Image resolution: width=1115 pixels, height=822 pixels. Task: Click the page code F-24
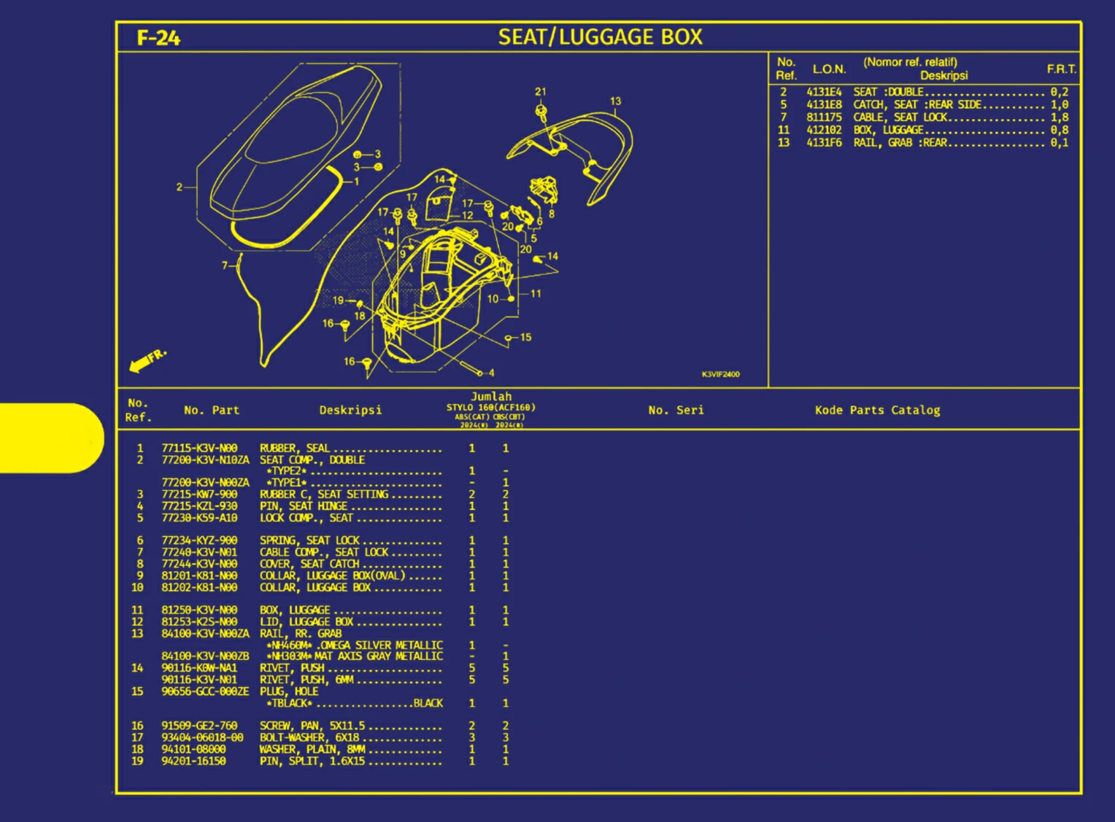pos(158,38)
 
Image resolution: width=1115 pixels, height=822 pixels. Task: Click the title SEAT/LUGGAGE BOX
pos(600,37)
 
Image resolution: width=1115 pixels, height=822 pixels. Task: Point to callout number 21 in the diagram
pos(540,92)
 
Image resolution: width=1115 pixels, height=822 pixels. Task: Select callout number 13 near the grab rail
pos(615,101)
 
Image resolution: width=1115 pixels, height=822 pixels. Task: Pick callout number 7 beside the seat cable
pos(225,265)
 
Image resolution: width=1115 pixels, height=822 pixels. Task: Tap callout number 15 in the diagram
pos(525,338)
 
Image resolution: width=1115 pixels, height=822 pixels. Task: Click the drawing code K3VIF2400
pos(720,374)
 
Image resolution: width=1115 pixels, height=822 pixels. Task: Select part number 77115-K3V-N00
pos(199,449)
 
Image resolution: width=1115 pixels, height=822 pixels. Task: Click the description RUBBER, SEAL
pos(295,449)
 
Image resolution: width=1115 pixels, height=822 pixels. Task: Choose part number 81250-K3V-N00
pos(199,610)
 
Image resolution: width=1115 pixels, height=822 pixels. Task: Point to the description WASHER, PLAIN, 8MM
pos(312,749)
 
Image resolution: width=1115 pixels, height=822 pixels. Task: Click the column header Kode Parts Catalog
pos(877,410)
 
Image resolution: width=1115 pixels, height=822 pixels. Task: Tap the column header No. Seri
pos(676,410)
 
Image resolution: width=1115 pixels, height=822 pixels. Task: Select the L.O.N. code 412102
pos(824,130)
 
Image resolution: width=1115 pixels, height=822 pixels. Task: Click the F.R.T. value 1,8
pos(1059,117)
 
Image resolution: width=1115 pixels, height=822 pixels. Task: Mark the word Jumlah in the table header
pos(491,397)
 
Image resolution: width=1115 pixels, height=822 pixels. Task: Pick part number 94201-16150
pos(193,761)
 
